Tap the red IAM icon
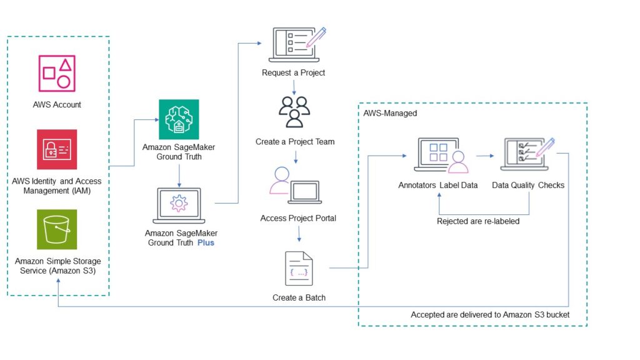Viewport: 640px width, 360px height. pyautogui.click(x=57, y=149)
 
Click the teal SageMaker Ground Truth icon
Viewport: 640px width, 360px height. pyautogui.click(x=179, y=119)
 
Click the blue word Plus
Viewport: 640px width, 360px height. pyautogui.click(x=206, y=242)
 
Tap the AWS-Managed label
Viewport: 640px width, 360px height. pyautogui.click(x=390, y=113)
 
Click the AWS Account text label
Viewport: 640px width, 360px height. pyautogui.click(x=57, y=105)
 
